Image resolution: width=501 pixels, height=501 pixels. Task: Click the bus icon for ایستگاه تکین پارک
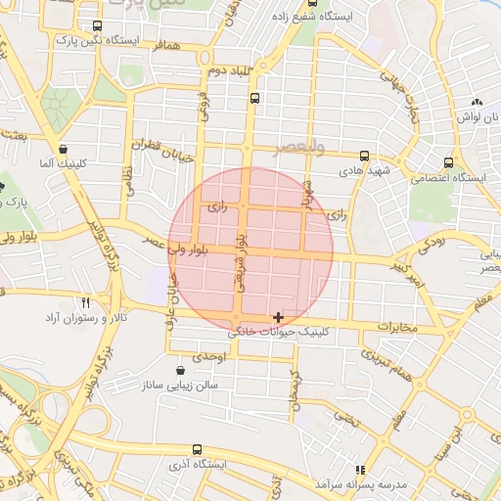click(x=96, y=26)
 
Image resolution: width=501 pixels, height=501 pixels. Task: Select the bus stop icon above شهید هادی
click(x=364, y=156)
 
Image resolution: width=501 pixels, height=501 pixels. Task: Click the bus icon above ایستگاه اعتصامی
click(x=448, y=163)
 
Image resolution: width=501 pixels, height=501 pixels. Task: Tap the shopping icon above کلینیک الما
click(x=64, y=150)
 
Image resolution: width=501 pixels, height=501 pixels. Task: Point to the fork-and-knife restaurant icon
click(x=85, y=302)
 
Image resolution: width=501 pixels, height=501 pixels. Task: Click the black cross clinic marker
click(x=279, y=317)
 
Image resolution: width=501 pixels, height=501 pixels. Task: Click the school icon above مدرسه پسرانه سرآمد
click(x=360, y=470)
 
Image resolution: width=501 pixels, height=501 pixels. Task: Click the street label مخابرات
click(x=397, y=326)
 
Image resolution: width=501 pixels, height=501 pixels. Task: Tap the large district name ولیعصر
click(x=296, y=148)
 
